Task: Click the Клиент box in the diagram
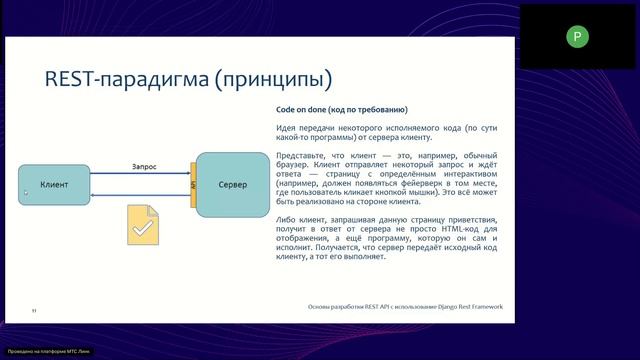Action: click(x=54, y=186)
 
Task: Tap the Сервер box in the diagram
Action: click(x=233, y=185)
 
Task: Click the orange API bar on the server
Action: click(x=192, y=186)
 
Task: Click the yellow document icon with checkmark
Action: click(x=142, y=225)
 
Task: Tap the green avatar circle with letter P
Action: click(x=576, y=37)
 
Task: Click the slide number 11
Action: click(x=34, y=311)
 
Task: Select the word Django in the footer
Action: click(x=440, y=306)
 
